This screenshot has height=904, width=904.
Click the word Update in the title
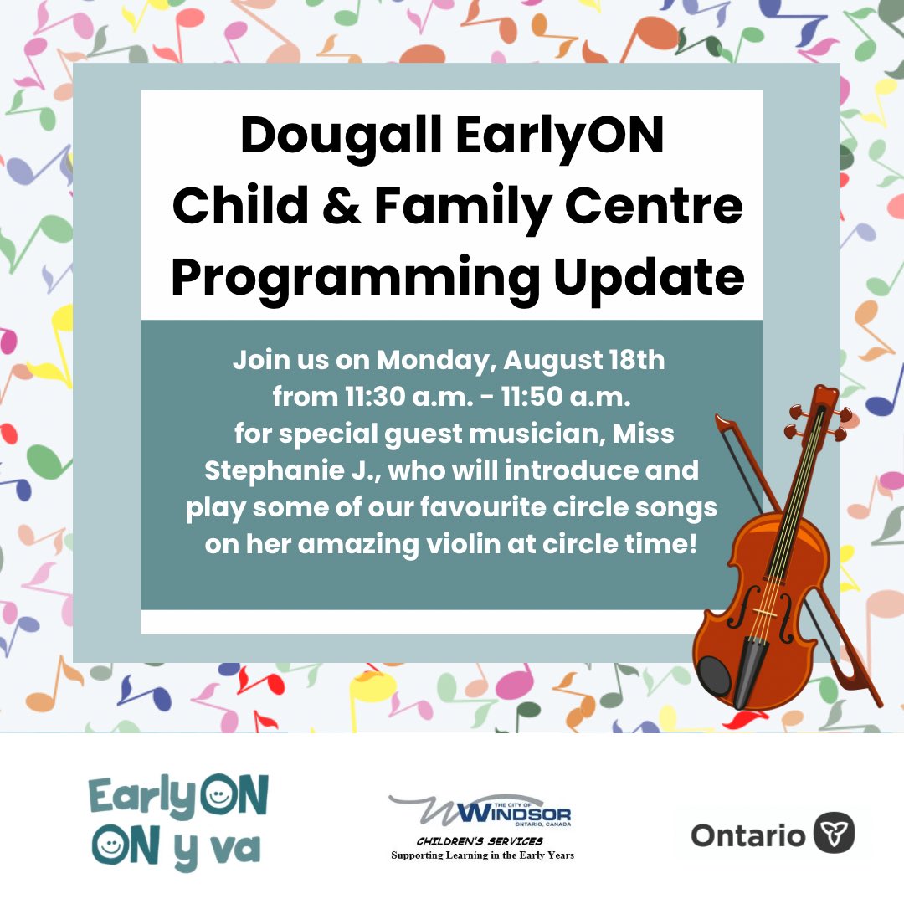click(649, 277)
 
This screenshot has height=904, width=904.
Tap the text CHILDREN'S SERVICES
click(480, 840)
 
